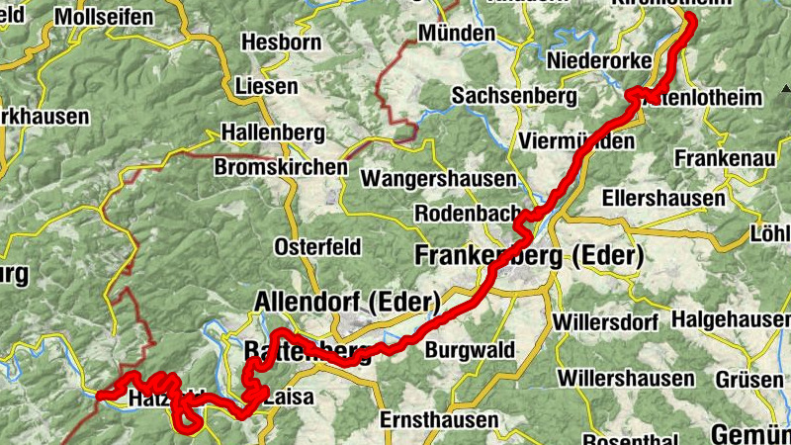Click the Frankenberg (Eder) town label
click(530, 256)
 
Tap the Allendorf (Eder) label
click(347, 301)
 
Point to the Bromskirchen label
click(281, 167)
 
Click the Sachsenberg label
click(513, 96)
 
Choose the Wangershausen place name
click(439, 179)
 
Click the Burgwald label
click(470, 349)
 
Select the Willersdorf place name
click(606, 322)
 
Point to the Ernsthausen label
click(439, 419)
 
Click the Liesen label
click(267, 86)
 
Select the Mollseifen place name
click(104, 17)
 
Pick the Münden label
click(456, 33)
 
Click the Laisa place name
click(288, 398)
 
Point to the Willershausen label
click(625, 379)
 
